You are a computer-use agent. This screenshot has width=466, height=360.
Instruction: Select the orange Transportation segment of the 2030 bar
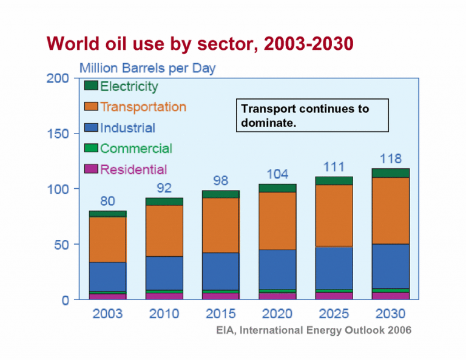click(x=391, y=210)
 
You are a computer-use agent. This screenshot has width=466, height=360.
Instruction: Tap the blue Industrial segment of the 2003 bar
click(x=107, y=277)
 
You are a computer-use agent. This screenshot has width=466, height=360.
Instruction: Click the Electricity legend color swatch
click(x=91, y=87)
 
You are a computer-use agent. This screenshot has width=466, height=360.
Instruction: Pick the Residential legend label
click(x=133, y=169)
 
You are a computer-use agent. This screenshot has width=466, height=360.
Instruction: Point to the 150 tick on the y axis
click(x=58, y=134)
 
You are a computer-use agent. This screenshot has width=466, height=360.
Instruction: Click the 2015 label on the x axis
click(x=220, y=314)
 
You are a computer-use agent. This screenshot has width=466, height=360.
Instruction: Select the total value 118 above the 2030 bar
click(x=391, y=159)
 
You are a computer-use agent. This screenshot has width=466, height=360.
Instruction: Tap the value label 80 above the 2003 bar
click(x=107, y=202)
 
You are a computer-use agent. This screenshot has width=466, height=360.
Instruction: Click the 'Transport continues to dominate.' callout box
click(x=311, y=115)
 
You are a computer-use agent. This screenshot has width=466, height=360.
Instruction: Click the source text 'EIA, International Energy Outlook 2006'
click(x=314, y=330)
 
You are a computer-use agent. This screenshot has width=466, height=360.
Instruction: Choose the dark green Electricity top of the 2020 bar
click(x=277, y=188)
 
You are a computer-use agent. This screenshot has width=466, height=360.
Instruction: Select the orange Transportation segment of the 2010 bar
click(x=164, y=231)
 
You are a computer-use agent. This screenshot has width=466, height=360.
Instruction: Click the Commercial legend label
click(x=136, y=149)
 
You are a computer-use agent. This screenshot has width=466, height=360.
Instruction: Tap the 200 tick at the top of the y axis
click(x=58, y=78)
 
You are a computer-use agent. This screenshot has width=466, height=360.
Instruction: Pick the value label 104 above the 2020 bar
click(x=277, y=174)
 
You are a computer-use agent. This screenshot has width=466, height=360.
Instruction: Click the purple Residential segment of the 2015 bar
click(x=220, y=296)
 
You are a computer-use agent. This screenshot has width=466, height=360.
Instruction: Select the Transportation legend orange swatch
click(x=91, y=107)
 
